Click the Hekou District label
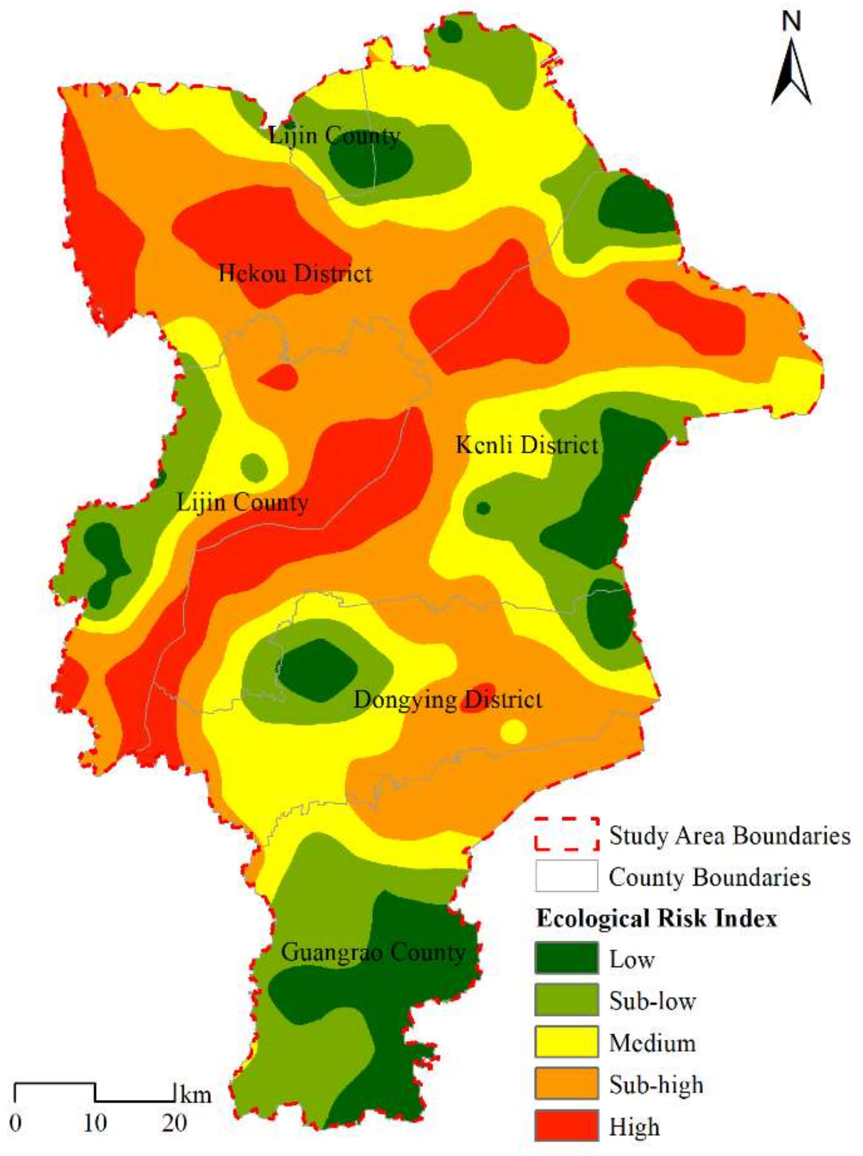[x=295, y=273]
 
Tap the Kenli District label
[x=527, y=445]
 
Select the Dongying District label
[x=448, y=700]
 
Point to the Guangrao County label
[x=373, y=953]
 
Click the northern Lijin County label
[x=334, y=136]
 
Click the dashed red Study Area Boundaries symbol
[x=566, y=834]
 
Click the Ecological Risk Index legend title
[x=657, y=918]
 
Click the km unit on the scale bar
[x=196, y=1094]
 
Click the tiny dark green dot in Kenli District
[x=483, y=508]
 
